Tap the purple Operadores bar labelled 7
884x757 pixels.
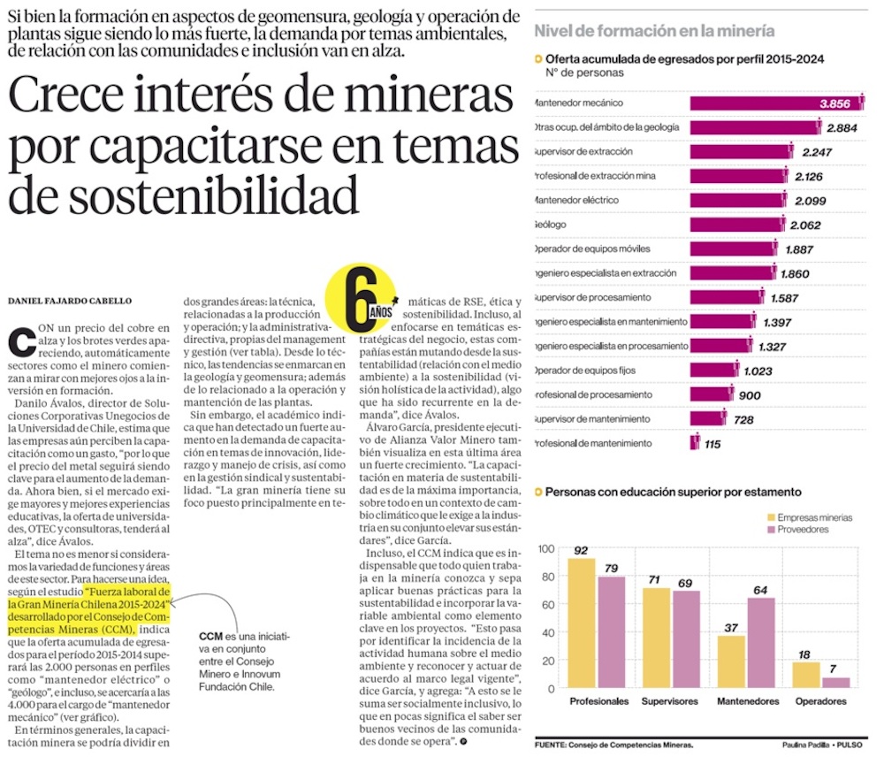tap(835, 683)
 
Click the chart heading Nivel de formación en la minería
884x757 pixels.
tap(654, 31)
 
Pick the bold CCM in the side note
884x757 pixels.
tap(210, 636)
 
